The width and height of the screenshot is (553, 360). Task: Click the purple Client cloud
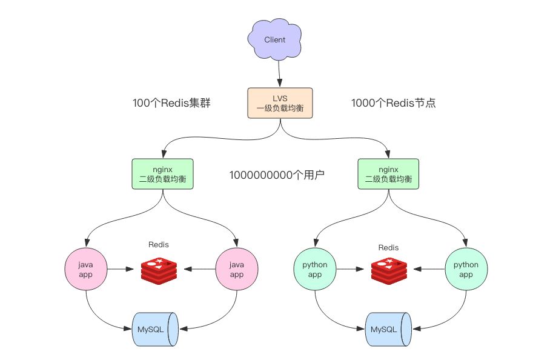point(274,40)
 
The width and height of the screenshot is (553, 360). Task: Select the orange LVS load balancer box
point(280,103)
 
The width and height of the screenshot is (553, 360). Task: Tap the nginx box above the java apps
point(162,173)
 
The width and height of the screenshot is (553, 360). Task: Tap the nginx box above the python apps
point(388,173)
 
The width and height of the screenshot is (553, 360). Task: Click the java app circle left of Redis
point(86,269)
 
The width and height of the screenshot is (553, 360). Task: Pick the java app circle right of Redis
point(237,269)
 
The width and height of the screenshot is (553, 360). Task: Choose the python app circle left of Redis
point(314,269)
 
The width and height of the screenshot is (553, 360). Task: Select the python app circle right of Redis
point(466,269)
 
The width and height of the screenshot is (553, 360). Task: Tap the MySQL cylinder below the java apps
point(154,329)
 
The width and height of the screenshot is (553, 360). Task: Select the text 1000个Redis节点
point(394,104)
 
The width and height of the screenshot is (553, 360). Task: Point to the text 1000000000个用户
point(277,176)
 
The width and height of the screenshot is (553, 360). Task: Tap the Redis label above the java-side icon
point(159,245)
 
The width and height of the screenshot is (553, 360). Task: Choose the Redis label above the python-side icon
point(388,247)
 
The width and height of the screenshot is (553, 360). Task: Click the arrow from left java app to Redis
point(121,269)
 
